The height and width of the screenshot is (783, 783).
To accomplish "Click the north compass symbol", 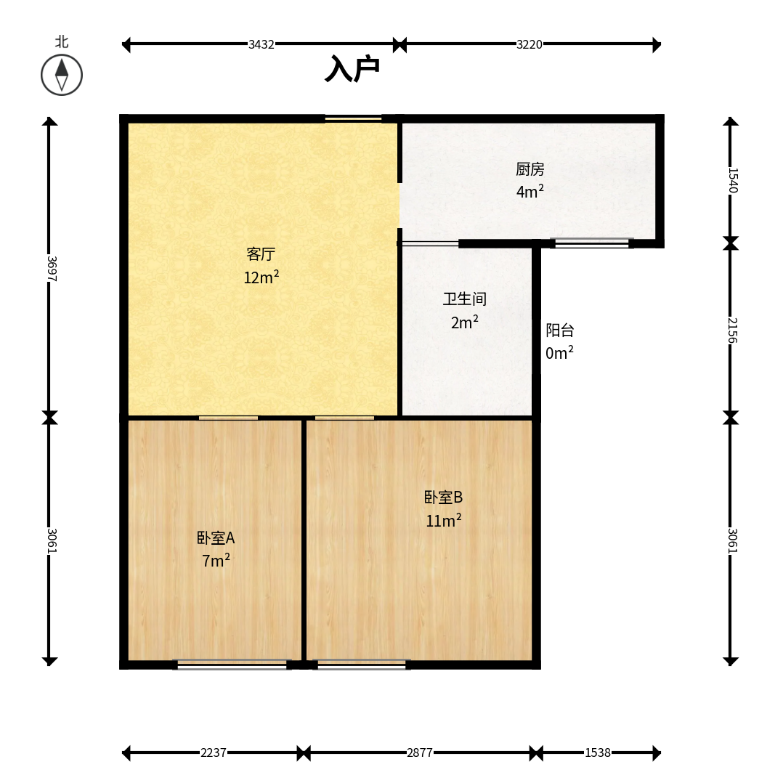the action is tap(62, 76).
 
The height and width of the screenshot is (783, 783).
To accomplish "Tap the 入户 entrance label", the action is tap(352, 69).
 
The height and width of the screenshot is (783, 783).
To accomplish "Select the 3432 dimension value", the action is tap(261, 44).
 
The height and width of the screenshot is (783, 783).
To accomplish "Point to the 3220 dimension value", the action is tap(530, 44).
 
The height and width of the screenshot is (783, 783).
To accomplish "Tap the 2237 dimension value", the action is tap(214, 752).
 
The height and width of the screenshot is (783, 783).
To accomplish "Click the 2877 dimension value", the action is tap(420, 752).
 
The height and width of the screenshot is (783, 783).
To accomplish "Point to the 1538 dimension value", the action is tap(598, 752).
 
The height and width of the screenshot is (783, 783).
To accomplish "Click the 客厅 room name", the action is tap(261, 254).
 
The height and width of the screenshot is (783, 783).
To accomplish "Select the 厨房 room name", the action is tap(530, 169).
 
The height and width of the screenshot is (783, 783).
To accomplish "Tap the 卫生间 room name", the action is tap(464, 299).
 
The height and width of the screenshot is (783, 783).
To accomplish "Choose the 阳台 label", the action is tap(560, 330).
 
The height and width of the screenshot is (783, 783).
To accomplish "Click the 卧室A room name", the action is tap(216, 537).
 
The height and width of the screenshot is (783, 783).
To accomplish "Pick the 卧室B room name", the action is tap(443, 498).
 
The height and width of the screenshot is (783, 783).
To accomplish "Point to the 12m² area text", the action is tap(261, 277).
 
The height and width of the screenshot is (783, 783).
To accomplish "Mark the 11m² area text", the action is tap(443, 520).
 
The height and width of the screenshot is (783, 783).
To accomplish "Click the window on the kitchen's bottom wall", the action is tap(592, 243).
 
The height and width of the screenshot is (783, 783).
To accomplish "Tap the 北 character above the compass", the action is tap(62, 41).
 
